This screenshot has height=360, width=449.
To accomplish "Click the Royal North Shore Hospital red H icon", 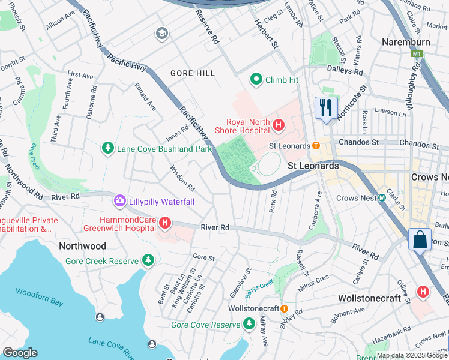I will tap(279, 125).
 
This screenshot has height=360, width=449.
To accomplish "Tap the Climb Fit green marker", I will tap(256, 79).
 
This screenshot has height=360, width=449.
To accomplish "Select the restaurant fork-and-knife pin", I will tap(326, 108).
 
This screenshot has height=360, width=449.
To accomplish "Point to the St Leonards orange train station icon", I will tap(315, 146).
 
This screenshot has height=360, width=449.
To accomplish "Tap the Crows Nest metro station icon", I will tap(382, 198).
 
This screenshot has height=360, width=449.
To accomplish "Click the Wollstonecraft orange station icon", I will tap(285, 308).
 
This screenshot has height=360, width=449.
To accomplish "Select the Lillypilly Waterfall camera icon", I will tap(120, 202).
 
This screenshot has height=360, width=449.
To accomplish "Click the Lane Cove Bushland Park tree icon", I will tap(108, 148).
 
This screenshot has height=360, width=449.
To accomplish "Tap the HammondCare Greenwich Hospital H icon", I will tap(165, 224).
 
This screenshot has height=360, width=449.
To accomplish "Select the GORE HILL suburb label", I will tap(192, 73).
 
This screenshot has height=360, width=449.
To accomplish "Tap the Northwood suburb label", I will tap(82, 246).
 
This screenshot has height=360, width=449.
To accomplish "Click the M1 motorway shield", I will tap(417, 55).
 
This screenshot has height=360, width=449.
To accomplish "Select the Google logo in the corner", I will tap(20, 353).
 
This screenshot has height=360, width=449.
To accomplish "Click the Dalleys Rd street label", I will tap(345, 71).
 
